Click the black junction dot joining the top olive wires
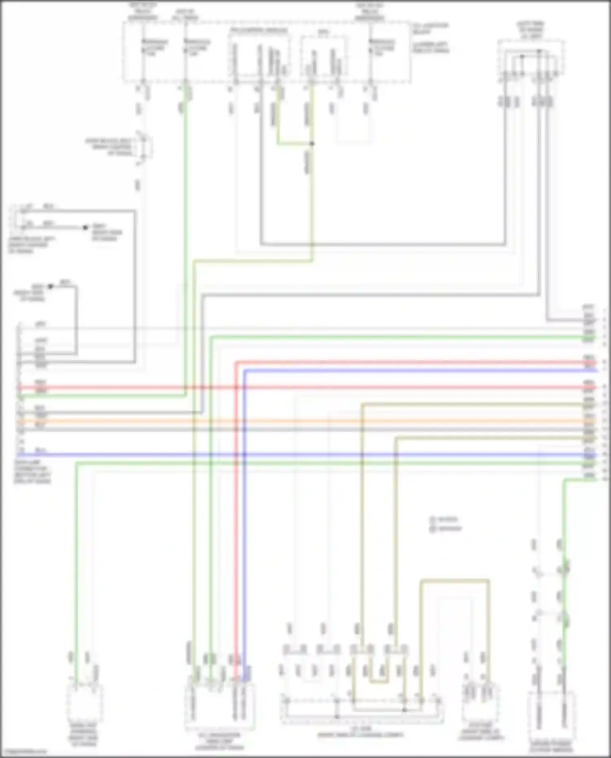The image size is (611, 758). pos(312,143)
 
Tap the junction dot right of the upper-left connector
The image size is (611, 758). pos(85,227)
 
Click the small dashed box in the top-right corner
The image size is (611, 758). pos(530,59)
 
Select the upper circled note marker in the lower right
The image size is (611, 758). pos(433,520)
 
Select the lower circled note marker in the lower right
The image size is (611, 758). pos(433,529)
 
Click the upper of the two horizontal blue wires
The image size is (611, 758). pos(407,371)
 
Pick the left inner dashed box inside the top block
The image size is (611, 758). pos(259,55)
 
